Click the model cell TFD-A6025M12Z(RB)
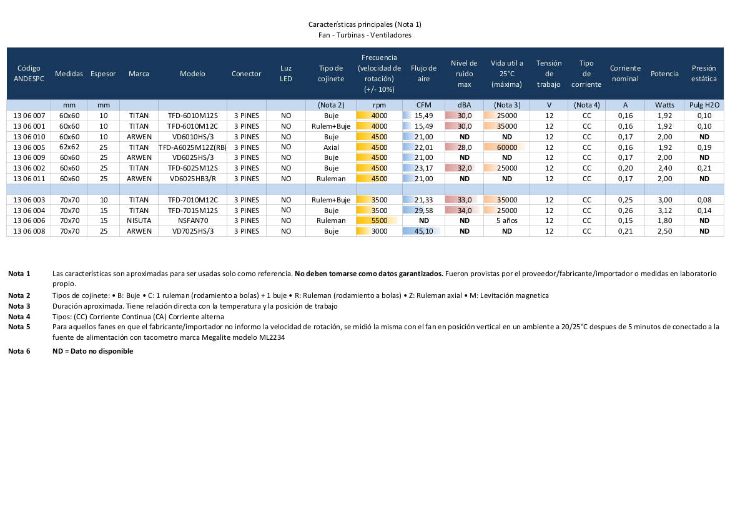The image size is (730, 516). click(192, 147)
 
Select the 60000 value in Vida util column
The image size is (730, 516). click(506, 147)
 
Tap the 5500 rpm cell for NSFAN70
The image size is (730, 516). click(379, 221)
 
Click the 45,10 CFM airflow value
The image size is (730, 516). click(423, 231)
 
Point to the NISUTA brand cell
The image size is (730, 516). click(139, 221)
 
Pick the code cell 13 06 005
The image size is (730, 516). click(29, 147)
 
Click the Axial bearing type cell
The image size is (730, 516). click(331, 147)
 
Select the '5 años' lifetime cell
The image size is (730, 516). click(506, 221)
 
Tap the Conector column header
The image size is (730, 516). click(246, 74)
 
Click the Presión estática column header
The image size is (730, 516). click(704, 74)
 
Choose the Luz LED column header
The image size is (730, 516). click(286, 74)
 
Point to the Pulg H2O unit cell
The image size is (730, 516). click(704, 105)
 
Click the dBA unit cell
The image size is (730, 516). click(464, 105)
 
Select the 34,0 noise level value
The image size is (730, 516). click(464, 211)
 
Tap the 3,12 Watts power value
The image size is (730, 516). click(664, 211)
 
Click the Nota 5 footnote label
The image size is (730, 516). click(19, 327)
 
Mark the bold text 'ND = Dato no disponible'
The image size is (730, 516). click(92, 351)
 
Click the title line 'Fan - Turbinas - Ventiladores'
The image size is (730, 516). click(365, 35)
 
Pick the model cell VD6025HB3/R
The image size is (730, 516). click(192, 179)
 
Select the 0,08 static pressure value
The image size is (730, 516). click(704, 200)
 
